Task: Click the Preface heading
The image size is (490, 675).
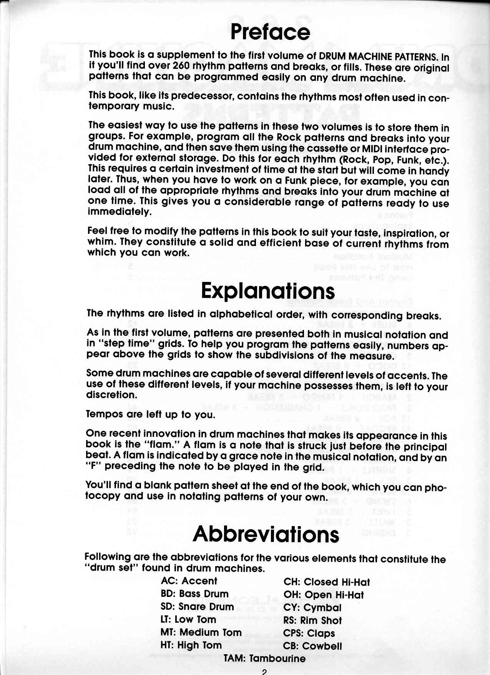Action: pos(270,32)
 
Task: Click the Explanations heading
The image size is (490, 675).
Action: pos(268,291)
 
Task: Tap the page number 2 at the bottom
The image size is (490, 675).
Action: pos(264,671)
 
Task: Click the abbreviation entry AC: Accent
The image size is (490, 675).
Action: pos(189,581)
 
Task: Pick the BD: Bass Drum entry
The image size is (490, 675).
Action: pos(194,593)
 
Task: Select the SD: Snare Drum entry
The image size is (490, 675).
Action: pos(197,607)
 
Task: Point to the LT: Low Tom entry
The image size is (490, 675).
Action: pos(188,619)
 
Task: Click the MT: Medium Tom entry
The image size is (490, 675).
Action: pos(201,632)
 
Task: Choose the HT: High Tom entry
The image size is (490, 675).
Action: pos(191,645)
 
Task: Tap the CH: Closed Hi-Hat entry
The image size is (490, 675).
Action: pos(327,582)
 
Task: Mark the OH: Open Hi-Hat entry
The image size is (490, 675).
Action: pos(324,595)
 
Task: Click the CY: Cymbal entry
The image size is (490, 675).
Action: pos(312,608)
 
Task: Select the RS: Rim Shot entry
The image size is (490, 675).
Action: pos(312,620)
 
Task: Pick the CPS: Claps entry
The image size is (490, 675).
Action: pos(309,633)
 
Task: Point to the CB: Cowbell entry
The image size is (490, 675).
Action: pos(312,646)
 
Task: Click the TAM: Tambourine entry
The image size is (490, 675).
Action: pos(265,658)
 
